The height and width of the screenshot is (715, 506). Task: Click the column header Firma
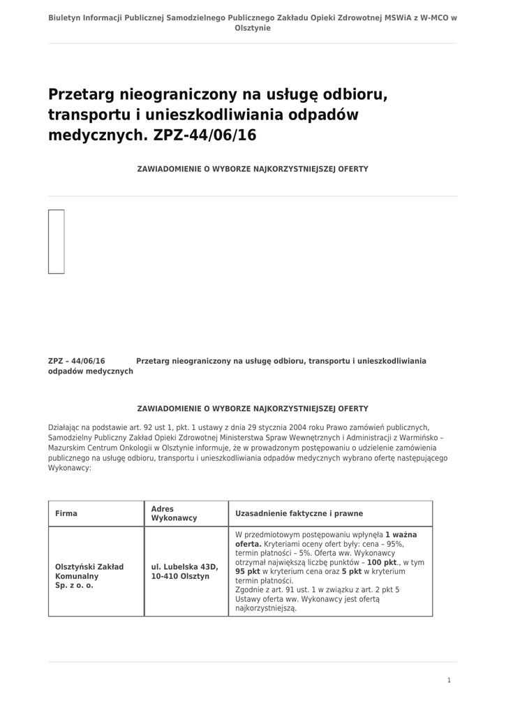pos(66,513)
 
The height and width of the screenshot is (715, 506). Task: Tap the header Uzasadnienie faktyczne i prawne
pos(299,513)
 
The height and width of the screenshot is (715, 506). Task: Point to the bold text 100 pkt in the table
pos(382,561)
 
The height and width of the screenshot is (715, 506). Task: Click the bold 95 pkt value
pos(248,570)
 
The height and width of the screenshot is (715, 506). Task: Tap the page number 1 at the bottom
pos(449,680)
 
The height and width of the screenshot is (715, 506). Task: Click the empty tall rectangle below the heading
pos(57,241)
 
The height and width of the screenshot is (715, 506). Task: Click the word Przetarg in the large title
pos(82,94)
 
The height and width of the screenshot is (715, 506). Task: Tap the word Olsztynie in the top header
pos(253,28)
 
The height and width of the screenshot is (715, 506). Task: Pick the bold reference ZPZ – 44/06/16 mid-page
pos(76,361)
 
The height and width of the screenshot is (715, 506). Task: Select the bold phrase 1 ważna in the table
pos(401,534)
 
